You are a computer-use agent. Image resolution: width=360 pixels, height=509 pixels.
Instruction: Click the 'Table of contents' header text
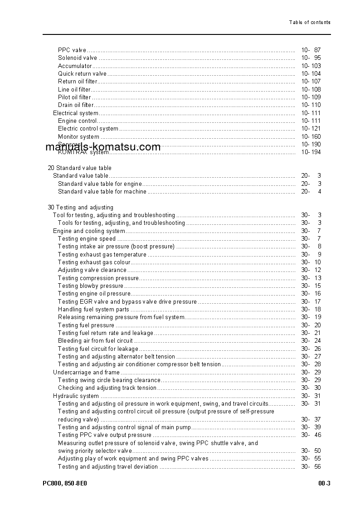(x=310, y=22)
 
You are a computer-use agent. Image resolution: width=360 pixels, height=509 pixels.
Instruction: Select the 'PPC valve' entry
(x=72, y=50)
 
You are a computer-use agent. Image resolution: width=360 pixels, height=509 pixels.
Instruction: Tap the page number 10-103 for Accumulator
(x=311, y=66)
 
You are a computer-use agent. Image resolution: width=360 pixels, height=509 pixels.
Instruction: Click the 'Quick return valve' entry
(x=82, y=73)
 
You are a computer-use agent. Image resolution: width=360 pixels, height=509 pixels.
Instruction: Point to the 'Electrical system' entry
(x=76, y=113)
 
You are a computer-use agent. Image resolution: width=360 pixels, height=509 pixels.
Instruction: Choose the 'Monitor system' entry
(x=78, y=136)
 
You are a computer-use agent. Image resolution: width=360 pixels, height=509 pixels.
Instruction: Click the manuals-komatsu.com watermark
(x=103, y=147)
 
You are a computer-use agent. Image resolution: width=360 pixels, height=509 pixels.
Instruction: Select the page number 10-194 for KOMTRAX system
(x=311, y=152)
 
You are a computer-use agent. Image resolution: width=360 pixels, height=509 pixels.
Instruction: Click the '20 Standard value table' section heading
(x=79, y=168)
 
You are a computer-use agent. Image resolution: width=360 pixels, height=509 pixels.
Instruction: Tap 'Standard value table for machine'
(x=102, y=191)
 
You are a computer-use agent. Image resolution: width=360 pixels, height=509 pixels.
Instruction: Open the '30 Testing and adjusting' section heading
(x=80, y=207)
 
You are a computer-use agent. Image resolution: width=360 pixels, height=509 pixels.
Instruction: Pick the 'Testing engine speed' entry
(x=87, y=238)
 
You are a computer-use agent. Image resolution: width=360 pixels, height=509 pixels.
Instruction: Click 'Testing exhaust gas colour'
(x=94, y=262)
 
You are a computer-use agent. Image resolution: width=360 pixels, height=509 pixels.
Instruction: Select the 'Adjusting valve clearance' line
(x=92, y=270)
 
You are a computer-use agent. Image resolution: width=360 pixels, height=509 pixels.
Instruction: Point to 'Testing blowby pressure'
(x=90, y=286)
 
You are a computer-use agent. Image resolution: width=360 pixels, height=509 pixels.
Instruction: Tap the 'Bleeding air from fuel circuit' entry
(x=95, y=341)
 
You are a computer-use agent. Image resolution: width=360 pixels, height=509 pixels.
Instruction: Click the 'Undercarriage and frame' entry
(x=86, y=372)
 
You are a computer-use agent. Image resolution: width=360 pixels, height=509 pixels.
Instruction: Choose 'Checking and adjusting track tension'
(x=107, y=388)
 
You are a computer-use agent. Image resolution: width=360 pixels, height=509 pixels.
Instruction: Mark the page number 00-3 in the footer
(x=324, y=484)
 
